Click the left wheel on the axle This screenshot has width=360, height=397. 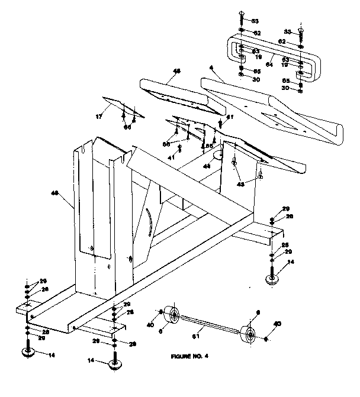pyautogui.click(x=172, y=315)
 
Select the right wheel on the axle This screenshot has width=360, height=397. pyautogui.click(x=250, y=335)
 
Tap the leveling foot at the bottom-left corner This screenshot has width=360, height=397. pyautogui.click(x=27, y=353)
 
